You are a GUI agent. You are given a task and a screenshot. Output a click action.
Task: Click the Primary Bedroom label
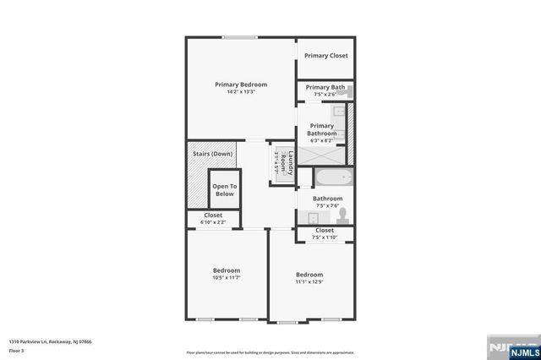click(241, 85)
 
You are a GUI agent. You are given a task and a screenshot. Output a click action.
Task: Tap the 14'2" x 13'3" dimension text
click(241, 92)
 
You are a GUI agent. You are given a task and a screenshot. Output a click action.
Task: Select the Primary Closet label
click(326, 56)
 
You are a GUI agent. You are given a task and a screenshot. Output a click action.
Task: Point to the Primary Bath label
click(325, 87)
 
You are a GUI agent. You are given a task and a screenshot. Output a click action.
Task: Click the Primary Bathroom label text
click(322, 129)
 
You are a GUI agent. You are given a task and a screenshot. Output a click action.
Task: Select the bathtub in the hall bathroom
click(326, 178)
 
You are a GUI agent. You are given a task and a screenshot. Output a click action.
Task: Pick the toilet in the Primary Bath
click(348, 91)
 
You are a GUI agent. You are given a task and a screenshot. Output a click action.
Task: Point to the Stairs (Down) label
click(212, 154)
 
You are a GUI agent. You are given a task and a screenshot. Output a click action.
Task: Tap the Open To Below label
click(224, 190)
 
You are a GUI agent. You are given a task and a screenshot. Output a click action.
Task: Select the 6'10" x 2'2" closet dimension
click(214, 222)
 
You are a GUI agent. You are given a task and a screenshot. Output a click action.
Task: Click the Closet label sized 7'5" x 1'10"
click(325, 230)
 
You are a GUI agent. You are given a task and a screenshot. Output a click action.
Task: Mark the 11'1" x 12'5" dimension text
click(309, 282)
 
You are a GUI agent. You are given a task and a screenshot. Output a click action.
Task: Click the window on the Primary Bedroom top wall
click(241, 36)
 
